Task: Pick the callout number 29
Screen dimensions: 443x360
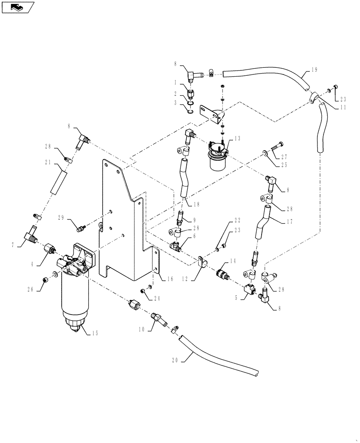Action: point(61,218)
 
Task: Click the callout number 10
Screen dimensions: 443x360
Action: point(141,329)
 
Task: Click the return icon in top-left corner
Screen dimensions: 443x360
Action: point(17,7)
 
